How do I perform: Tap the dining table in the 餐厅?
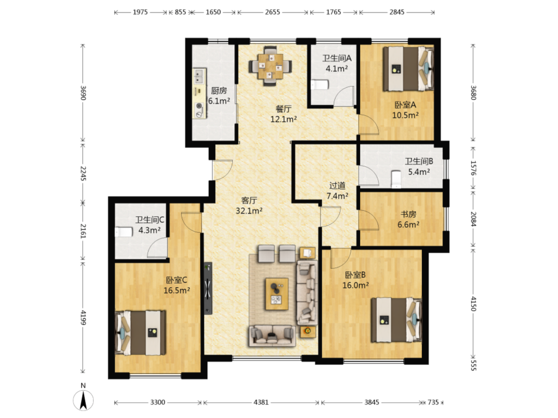tap(270, 66)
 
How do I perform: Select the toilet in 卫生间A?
tap(320, 84)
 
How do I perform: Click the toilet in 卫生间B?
tap(396, 179)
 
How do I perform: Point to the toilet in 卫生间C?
tap(124, 232)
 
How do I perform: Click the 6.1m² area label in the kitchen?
tap(219, 101)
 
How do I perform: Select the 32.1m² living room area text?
tap(249, 211)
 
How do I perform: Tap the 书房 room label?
tap(408, 214)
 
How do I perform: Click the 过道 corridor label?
tap(337, 186)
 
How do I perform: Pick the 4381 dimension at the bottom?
tap(261, 402)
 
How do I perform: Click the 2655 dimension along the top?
tap(272, 12)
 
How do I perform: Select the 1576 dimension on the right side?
tap(473, 168)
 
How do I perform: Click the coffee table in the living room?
tap(277, 294)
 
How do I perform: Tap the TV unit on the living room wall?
tap(208, 288)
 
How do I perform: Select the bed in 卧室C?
tap(141, 333)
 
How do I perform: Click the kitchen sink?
tap(199, 76)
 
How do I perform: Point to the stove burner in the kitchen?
tap(200, 110)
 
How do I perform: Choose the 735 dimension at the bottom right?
tap(433, 402)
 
